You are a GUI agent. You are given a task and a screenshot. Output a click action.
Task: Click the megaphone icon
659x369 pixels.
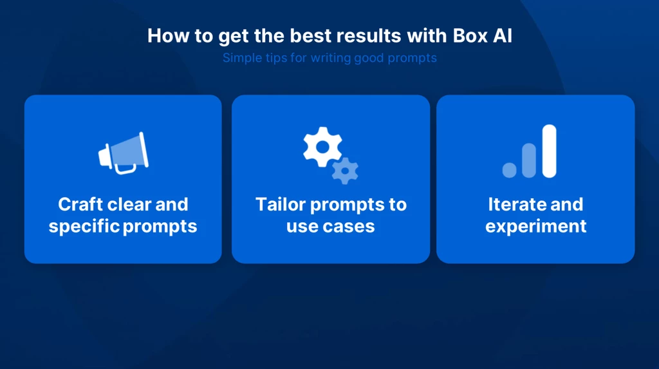tap(123, 153)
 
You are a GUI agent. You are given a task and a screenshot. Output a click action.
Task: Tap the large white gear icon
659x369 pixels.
tap(323, 147)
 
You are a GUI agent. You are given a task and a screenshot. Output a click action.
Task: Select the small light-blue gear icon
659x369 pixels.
tap(345, 171)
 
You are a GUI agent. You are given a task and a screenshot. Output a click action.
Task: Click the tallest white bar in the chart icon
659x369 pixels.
tap(550, 151)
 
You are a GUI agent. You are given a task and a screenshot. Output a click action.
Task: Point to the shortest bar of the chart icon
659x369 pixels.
tap(510, 171)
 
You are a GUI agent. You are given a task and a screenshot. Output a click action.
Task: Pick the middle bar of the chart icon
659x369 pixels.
tap(529, 160)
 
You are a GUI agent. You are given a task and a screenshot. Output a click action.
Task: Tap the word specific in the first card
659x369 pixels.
tap(84, 227)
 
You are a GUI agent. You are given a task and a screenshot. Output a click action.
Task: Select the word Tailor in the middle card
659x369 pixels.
tap(281, 205)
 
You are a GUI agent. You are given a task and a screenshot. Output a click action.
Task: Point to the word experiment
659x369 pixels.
tap(536, 227)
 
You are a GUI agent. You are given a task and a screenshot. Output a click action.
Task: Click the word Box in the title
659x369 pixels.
tap(470, 36)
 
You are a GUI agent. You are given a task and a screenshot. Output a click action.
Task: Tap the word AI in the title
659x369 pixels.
tap(503, 36)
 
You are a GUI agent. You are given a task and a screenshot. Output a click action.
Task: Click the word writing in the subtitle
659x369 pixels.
tap(331, 58)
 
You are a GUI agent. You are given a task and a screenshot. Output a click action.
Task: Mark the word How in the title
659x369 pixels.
tap(168, 36)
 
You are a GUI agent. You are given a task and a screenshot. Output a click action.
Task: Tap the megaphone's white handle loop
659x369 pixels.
tap(125, 169)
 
